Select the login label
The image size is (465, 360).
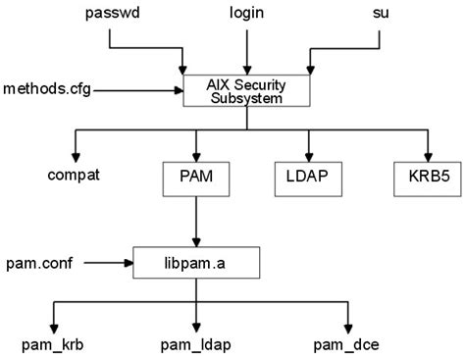[x=246, y=15]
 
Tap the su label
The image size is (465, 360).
[x=382, y=15]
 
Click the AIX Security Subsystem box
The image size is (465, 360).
[x=246, y=90]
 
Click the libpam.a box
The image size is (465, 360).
[x=196, y=262]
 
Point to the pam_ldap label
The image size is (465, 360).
[x=196, y=344]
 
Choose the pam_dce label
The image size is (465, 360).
[x=346, y=344]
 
